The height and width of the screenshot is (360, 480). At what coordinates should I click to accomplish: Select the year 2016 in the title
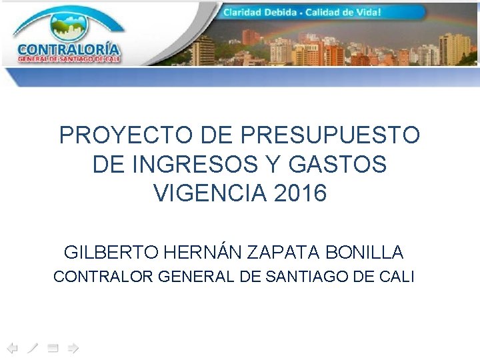point(300,193)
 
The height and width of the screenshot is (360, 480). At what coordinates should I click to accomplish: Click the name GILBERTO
point(111,253)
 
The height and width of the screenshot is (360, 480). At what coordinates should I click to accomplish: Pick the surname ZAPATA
point(285,253)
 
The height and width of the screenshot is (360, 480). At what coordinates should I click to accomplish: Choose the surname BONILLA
point(365,253)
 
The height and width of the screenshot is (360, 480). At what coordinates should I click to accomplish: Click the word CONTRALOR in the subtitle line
point(103,276)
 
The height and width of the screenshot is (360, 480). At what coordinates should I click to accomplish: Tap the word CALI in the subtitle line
point(398,276)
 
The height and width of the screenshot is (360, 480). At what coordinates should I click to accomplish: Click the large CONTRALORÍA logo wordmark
point(69,49)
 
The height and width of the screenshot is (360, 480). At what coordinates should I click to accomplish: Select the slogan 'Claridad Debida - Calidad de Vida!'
point(302,13)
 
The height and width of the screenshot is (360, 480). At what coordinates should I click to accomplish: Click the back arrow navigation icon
point(11,347)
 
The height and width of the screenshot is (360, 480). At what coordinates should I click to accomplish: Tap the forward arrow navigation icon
point(73,347)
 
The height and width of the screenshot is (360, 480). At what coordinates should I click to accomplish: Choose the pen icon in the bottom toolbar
point(33,347)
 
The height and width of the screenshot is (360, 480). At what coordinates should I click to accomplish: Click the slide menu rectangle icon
point(53,347)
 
